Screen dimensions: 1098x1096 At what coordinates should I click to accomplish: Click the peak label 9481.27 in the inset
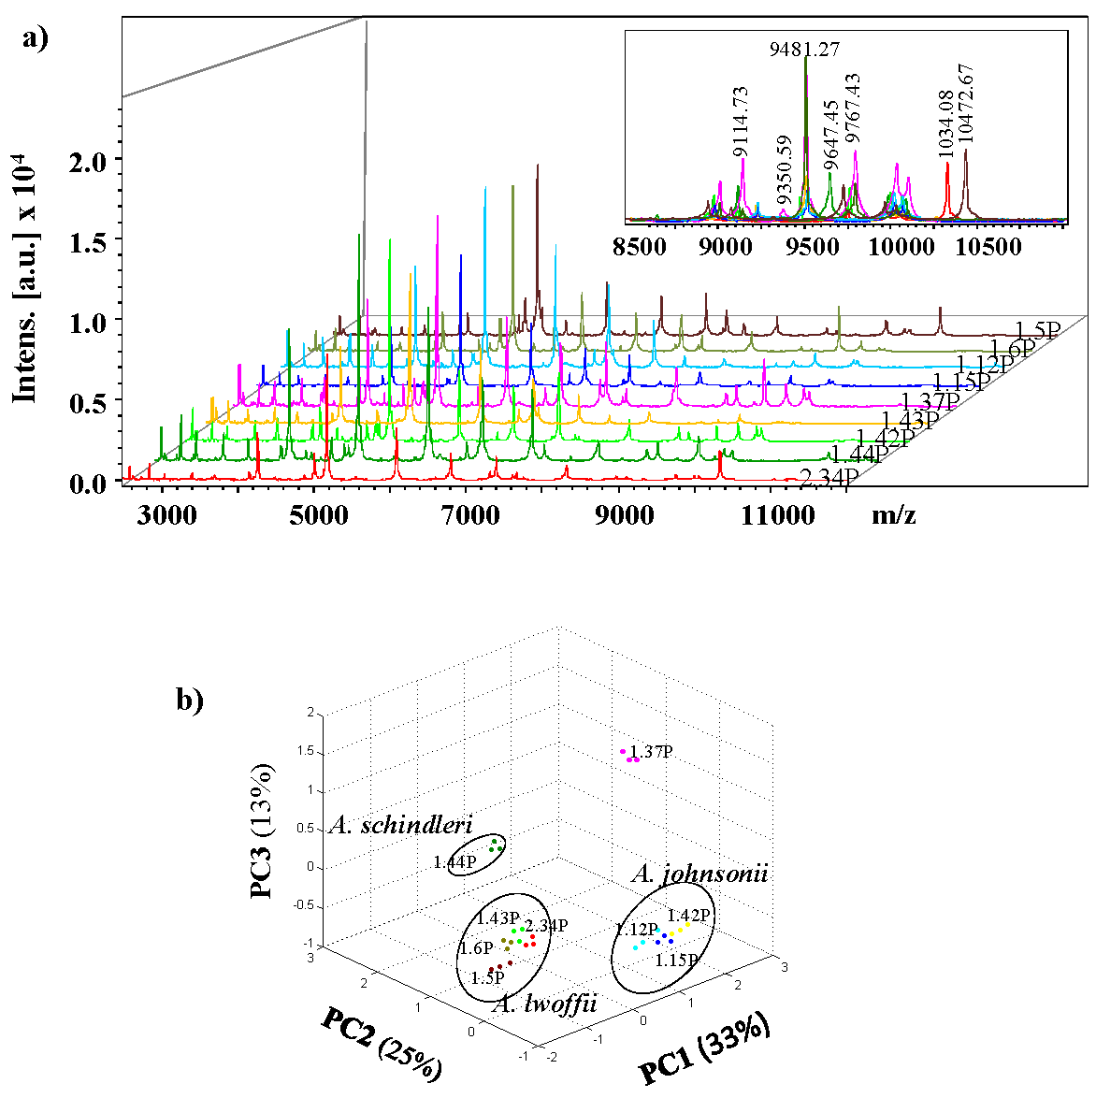[x=804, y=49]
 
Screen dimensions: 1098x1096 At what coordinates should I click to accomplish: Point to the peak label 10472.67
[x=966, y=103]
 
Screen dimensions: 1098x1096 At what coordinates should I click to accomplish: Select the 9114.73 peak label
[x=741, y=122]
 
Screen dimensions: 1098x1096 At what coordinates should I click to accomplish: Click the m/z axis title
[x=893, y=513]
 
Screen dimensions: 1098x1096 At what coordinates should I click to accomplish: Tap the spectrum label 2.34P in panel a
[x=829, y=477]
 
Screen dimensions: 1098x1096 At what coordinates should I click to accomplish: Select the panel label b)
[x=190, y=699]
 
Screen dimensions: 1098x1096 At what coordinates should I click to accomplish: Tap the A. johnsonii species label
[x=699, y=874]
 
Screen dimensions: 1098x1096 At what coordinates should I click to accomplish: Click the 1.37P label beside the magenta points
[x=652, y=751]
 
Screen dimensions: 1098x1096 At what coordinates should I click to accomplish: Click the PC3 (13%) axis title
[x=263, y=831]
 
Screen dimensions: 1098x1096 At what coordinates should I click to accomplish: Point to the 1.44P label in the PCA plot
[x=455, y=862]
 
